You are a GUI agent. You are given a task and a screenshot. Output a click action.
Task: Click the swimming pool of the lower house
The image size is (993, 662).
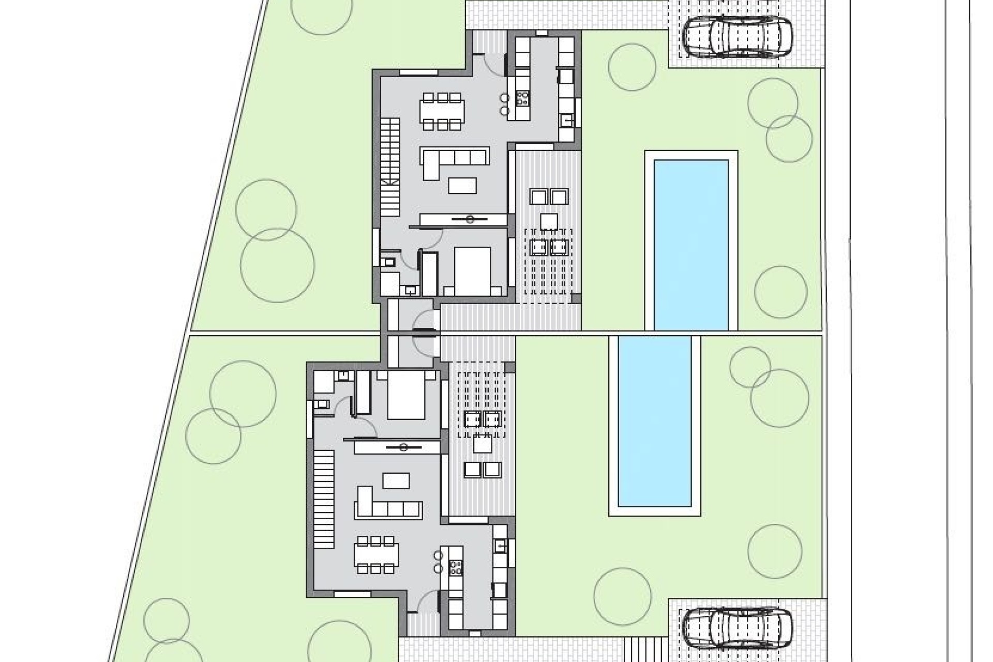pos(655,421)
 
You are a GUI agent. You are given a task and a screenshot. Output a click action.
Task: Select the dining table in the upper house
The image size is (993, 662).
pos(442,111)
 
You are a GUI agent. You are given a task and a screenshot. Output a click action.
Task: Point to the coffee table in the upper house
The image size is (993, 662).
pos(462,185)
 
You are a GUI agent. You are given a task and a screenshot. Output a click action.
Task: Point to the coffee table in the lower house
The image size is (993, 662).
pos(396,481)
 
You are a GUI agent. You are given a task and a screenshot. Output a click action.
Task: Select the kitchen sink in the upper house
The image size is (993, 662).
pos(566,120)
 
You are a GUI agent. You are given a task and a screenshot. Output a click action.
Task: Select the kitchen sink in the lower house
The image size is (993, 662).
pos(500,546)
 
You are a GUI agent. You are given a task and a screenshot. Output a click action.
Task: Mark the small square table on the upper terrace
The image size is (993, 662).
pos(549,221)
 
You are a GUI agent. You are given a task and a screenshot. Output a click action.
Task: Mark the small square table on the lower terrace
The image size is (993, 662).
pos(483,444)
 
